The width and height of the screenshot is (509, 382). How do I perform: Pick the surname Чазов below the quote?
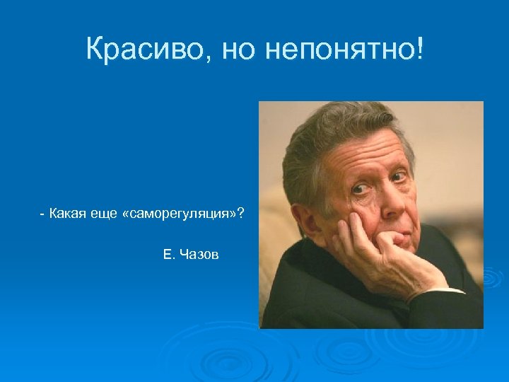click(200, 254)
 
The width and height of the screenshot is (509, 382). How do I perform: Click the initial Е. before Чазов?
click(168, 254)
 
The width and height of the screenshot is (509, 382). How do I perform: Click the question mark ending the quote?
click(242, 214)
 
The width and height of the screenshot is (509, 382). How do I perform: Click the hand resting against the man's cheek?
click(382, 251)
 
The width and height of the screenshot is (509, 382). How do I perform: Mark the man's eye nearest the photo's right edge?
click(400, 176)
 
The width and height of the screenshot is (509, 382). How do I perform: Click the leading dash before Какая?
click(43, 214)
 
